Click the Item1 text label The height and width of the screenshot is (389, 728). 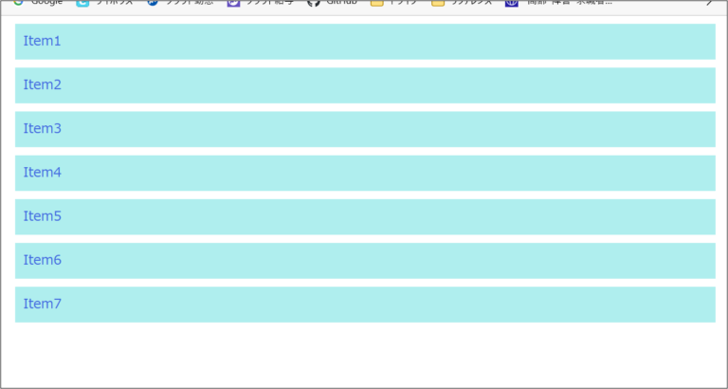coord(42,42)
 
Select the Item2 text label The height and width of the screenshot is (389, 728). coord(42,85)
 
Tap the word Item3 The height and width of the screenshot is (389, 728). coord(42,129)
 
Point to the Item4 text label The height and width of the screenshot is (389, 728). coord(42,173)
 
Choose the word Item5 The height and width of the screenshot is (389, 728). coord(42,216)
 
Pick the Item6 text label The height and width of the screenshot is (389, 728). coord(42,260)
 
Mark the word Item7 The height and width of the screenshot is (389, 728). coord(42,304)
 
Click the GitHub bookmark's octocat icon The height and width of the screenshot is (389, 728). coord(314,3)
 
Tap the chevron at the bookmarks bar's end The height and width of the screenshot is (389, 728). coord(710,3)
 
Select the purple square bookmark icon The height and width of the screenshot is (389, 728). coord(233,3)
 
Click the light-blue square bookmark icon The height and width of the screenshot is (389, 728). coord(82,3)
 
